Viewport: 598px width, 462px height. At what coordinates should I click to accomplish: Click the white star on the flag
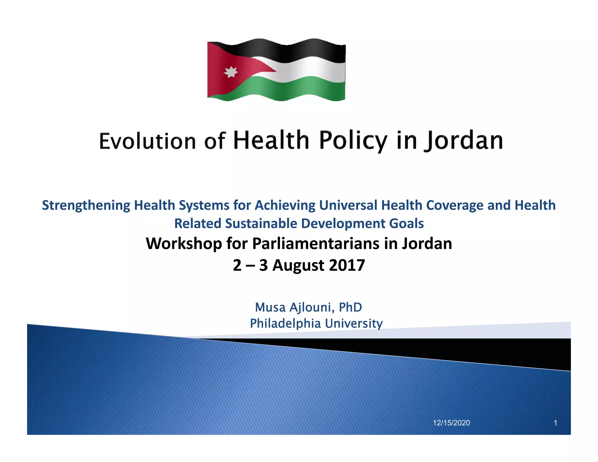click(x=231, y=72)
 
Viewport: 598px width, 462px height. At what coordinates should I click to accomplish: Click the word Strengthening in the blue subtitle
click(x=86, y=205)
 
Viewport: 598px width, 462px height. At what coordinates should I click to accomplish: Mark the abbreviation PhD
click(x=350, y=307)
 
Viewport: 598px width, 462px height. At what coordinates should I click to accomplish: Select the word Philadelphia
click(x=285, y=323)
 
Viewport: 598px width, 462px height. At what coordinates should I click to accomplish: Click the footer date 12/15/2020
click(x=451, y=423)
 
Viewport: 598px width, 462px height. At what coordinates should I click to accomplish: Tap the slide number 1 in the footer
click(x=555, y=423)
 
